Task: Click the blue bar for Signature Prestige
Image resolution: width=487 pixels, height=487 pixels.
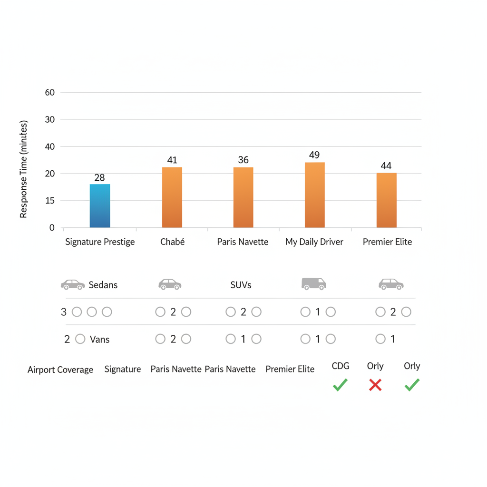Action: (x=100, y=206)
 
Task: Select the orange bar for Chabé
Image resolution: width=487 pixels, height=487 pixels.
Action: (x=172, y=197)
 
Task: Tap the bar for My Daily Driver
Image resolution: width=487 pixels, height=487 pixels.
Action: (x=314, y=195)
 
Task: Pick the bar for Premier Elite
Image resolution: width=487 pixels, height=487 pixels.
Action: (x=386, y=200)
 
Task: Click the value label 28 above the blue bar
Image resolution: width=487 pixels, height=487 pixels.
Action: (x=99, y=178)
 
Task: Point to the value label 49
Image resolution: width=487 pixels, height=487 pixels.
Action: (x=314, y=155)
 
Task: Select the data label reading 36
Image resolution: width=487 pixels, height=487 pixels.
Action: (x=243, y=160)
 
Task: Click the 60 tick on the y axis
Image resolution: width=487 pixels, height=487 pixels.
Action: (x=50, y=93)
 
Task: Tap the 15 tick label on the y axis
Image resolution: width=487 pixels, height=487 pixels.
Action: (x=50, y=201)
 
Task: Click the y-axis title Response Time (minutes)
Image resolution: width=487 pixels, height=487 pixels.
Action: (x=24, y=169)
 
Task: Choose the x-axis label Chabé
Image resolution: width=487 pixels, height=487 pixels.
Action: (x=172, y=242)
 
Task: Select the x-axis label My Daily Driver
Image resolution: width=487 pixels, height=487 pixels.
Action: (x=314, y=242)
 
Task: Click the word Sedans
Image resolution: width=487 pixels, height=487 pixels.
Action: (x=103, y=285)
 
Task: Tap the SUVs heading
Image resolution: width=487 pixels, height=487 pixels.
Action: (x=241, y=285)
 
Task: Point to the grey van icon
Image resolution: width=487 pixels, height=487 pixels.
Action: (x=314, y=284)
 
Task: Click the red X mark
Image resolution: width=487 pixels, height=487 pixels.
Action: (x=375, y=385)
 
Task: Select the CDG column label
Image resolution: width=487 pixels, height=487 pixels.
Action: (x=341, y=366)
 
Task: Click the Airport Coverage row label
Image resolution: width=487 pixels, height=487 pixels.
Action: (x=60, y=370)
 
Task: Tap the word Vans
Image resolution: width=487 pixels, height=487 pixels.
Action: (x=99, y=340)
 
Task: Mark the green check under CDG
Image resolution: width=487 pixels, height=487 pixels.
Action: (x=340, y=385)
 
